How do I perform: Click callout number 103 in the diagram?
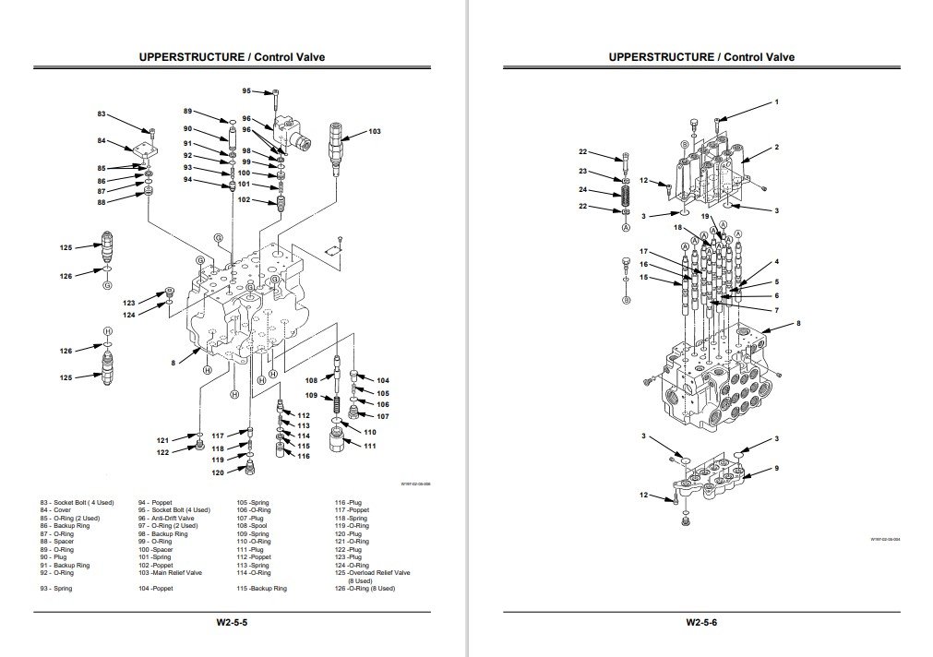(x=374, y=132)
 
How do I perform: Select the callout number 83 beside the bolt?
(x=102, y=113)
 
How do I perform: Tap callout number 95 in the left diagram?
(x=246, y=90)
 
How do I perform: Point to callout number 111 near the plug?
(x=370, y=446)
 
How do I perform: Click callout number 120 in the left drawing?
(x=218, y=472)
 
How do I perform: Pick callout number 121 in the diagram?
(x=162, y=439)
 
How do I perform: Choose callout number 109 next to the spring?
(x=311, y=396)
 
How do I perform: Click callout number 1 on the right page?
(x=777, y=101)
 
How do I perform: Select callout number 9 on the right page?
(x=777, y=468)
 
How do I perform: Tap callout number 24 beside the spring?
(x=583, y=190)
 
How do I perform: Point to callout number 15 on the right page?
(x=643, y=278)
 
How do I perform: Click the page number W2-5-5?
(x=232, y=622)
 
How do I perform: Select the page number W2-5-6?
(x=701, y=622)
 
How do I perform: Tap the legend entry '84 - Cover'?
(x=55, y=509)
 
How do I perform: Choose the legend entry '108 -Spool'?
(x=253, y=525)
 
